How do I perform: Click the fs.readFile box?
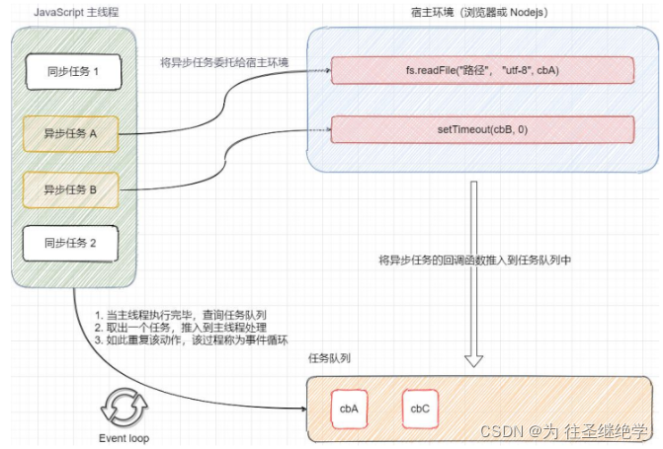coord(481,71)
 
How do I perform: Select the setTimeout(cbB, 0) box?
coord(481,129)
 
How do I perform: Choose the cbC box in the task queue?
coord(419,408)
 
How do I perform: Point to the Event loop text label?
coord(124,438)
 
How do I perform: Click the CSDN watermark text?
coord(563,431)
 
